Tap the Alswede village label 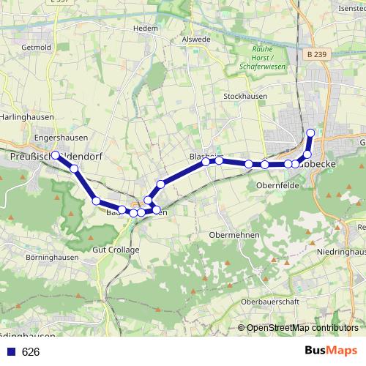195,40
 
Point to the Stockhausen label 245,96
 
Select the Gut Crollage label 116,250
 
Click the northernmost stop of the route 310,132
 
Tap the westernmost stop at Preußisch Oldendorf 55,154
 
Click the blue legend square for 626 11,352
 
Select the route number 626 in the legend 30,352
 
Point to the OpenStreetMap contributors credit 302,328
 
